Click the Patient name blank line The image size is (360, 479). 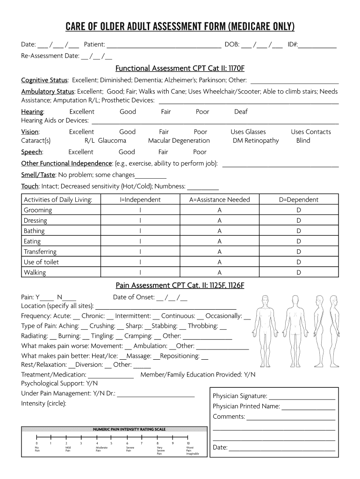click(164, 45)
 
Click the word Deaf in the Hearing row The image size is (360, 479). click(241, 112)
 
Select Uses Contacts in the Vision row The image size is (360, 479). click(310, 132)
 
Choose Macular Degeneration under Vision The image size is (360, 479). click(179, 141)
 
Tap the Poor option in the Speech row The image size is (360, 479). click(200, 152)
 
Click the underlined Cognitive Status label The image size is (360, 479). click(44, 80)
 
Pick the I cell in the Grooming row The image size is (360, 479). click(140, 210)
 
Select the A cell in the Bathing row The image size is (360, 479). click(219, 231)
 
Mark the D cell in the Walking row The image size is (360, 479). click(299, 272)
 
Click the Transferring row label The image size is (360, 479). click(40, 252)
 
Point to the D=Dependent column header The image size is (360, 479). click(298, 200)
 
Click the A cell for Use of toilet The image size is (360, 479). click(219, 262)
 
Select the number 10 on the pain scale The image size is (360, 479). click(188, 443)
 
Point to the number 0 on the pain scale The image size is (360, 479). click(36, 443)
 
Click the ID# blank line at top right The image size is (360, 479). click(318, 45)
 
